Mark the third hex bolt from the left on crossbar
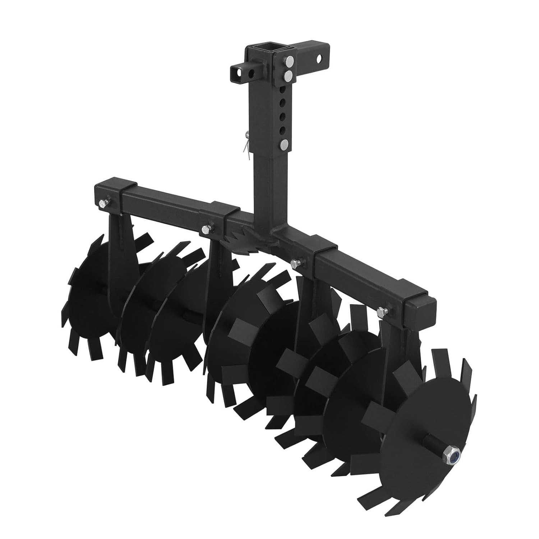(x=296, y=263)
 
